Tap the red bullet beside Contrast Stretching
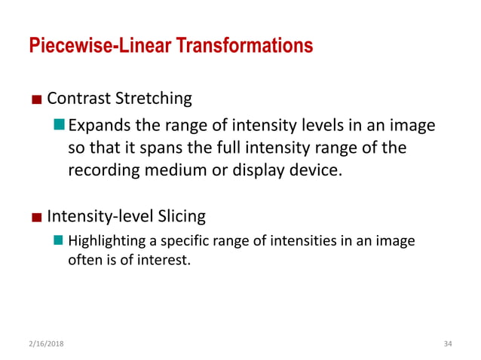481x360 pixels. point(36,99)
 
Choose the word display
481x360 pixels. point(253,169)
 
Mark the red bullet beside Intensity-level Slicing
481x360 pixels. point(36,218)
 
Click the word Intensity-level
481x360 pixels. point(99,218)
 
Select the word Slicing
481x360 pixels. point(179,218)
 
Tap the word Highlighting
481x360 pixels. point(101,243)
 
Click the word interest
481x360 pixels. point(162,261)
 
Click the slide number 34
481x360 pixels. point(446,343)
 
